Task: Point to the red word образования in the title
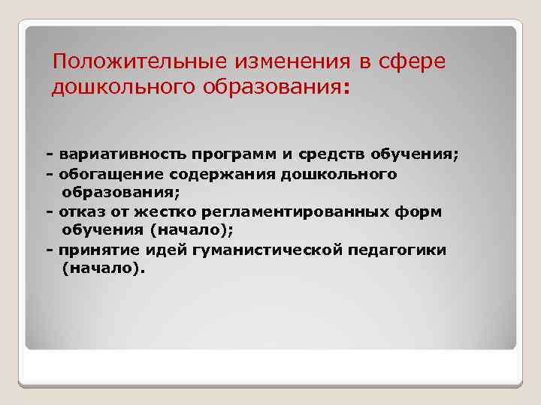(271, 88)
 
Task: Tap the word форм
(423, 212)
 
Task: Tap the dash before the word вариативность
(49, 155)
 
